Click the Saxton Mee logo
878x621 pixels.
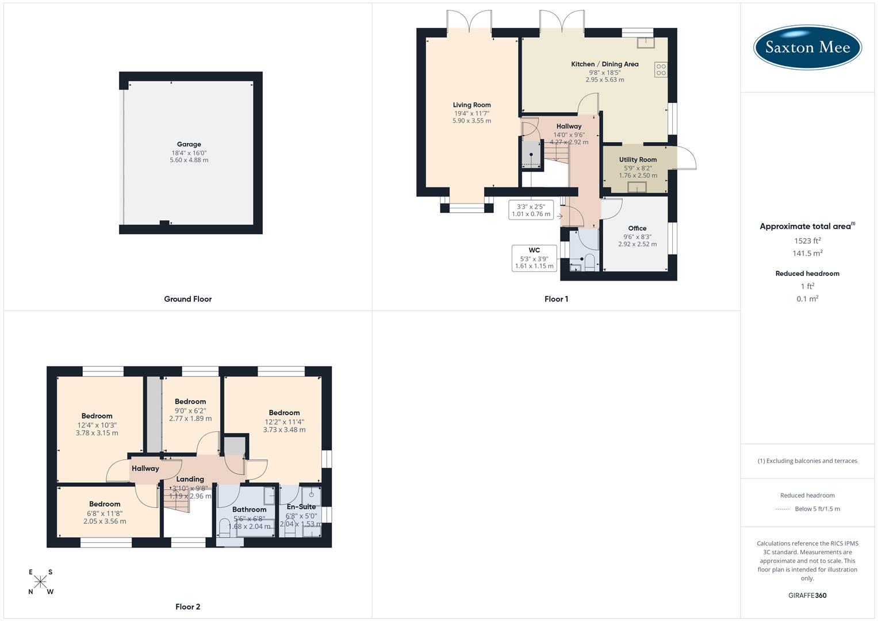tap(807, 47)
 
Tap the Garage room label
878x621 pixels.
tap(189, 144)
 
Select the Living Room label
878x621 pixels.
tap(471, 105)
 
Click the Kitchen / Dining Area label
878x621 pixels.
tap(604, 64)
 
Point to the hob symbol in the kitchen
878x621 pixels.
tap(661, 70)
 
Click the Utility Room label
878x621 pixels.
tap(638, 159)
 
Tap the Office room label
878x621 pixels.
tap(637, 228)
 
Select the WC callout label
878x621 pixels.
tap(534, 250)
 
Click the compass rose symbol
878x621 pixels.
tap(40, 582)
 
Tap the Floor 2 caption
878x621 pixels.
tap(188, 607)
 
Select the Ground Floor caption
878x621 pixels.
tap(188, 299)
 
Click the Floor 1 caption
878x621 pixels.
tap(556, 299)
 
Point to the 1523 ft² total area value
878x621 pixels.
tap(807, 240)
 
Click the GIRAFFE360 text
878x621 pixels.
tap(807, 595)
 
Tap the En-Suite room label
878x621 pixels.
tap(301, 507)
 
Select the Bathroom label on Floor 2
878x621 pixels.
tap(249, 509)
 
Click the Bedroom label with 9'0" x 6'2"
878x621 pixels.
tap(190, 401)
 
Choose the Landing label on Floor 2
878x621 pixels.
tap(190, 479)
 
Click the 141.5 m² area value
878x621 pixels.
tap(807, 253)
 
